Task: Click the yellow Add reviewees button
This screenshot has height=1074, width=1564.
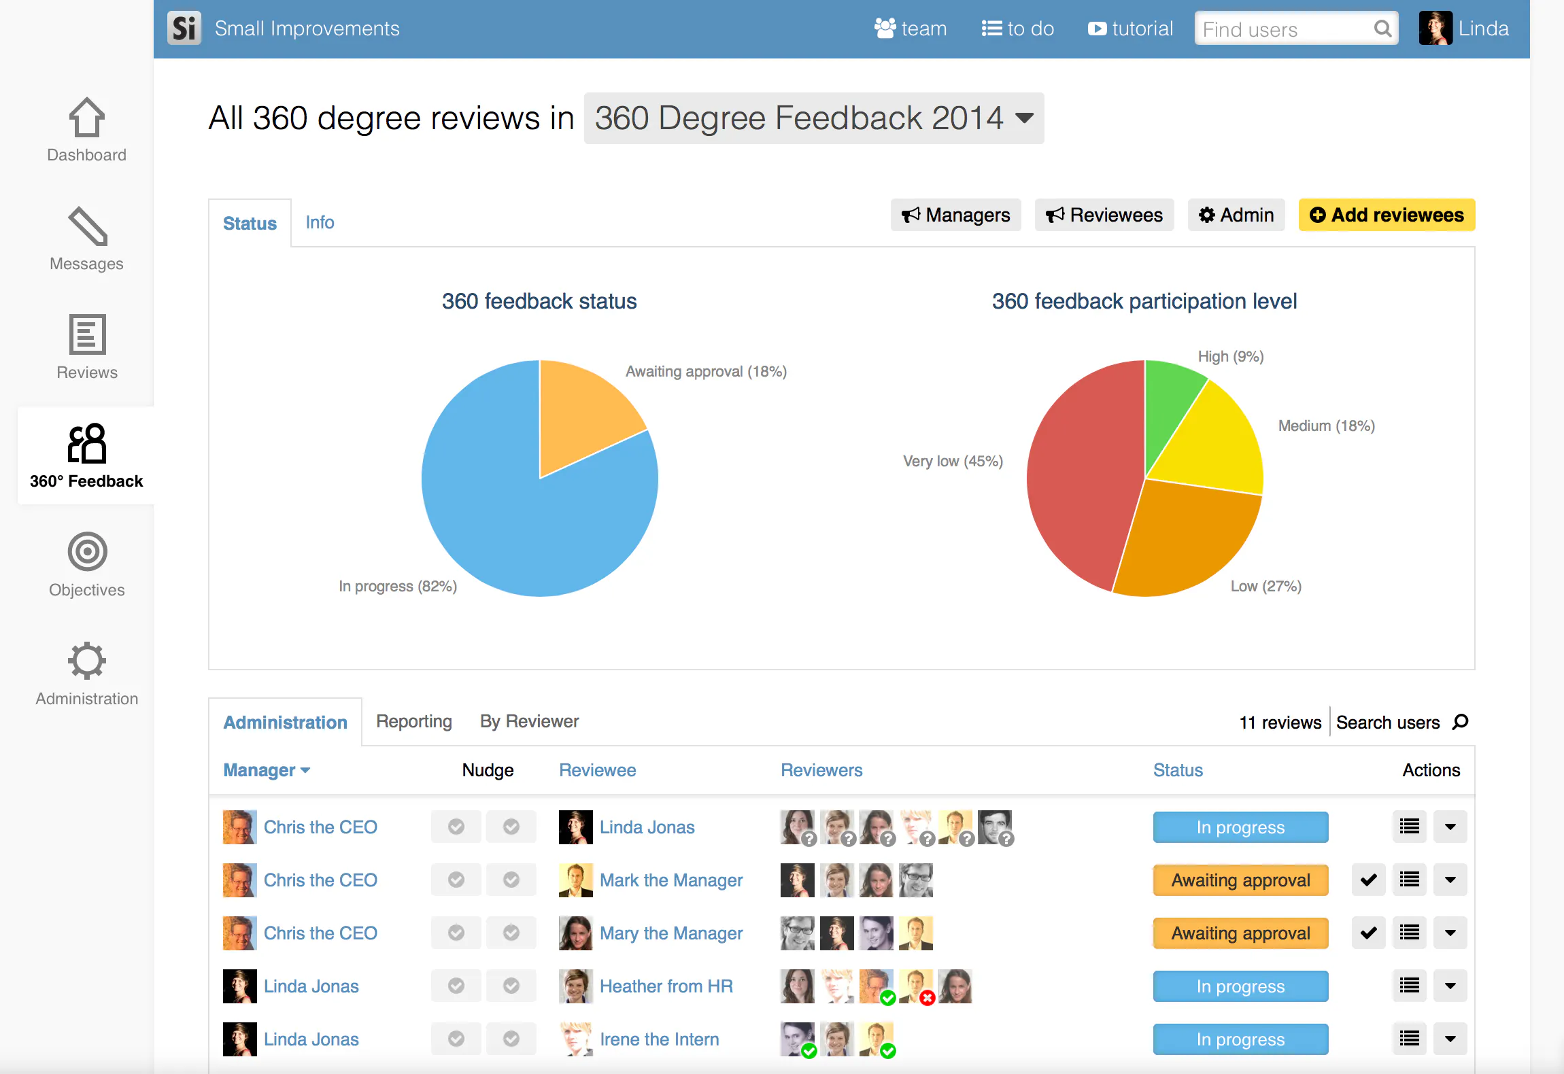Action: click(1387, 215)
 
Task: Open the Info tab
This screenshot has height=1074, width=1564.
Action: click(320, 222)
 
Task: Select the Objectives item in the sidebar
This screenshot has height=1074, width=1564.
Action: click(87, 564)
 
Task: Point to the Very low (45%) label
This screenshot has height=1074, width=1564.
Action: click(953, 462)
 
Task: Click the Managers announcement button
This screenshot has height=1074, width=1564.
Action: click(955, 215)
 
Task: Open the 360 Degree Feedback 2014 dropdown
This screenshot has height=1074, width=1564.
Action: click(814, 118)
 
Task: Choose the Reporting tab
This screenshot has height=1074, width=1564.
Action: click(414, 721)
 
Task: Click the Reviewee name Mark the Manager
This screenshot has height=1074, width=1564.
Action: click(671, 880)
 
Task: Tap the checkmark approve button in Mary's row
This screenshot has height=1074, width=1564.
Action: click(1368, 933)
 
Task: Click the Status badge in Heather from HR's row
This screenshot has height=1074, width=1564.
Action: click(1240, 986)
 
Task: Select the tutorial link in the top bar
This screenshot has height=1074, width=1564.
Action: click(1130, 29)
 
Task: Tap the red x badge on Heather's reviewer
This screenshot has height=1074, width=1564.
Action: click(927, 998)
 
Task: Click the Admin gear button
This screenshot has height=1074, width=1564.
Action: click(1236, 215)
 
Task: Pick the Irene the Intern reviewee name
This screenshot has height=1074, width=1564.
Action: click(659, 1039)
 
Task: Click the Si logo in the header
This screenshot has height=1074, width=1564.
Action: click(184, 29)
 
